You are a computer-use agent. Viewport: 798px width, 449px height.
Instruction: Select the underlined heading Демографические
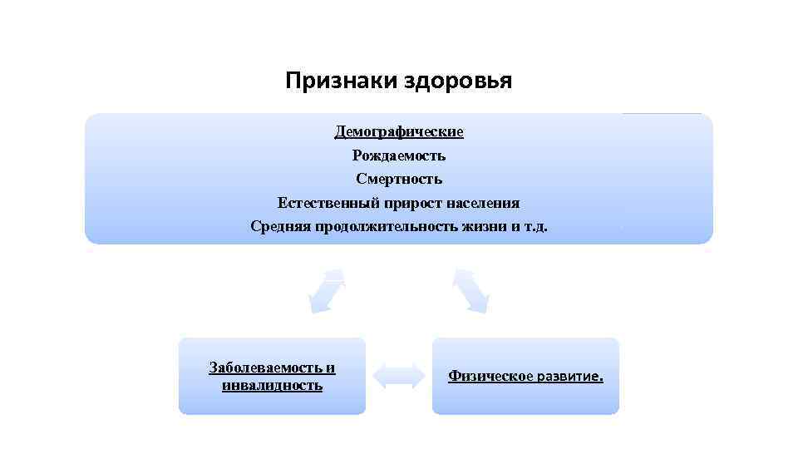click(399, 131)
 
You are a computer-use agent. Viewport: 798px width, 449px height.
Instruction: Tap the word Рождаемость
click(399, 155)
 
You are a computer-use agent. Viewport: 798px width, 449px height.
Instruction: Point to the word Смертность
click(399, 179)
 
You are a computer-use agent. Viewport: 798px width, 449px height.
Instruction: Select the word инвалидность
click(273, 385)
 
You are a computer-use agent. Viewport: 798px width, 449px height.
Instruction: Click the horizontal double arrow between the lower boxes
click(398, 376)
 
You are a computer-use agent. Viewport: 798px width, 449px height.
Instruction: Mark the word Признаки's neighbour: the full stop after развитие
click(602, 378)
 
